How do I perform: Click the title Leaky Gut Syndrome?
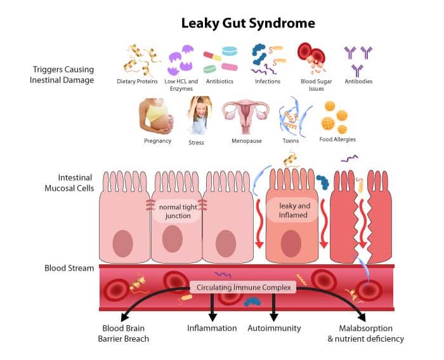pyautogui.click(x=249, y=23)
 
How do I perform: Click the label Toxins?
pyautogui.click(x=291, y=141)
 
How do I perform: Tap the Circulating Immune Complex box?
pyautogui.click(x=244, y=288)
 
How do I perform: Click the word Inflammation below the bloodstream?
pyautogui.click(x=212, y=328)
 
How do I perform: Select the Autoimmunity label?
pyautogui.click(x=275, y=328)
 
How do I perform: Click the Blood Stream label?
pyautogui.click(x=69, y=268)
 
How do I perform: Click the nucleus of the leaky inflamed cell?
pyautogui.click(x=291, y=243)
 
